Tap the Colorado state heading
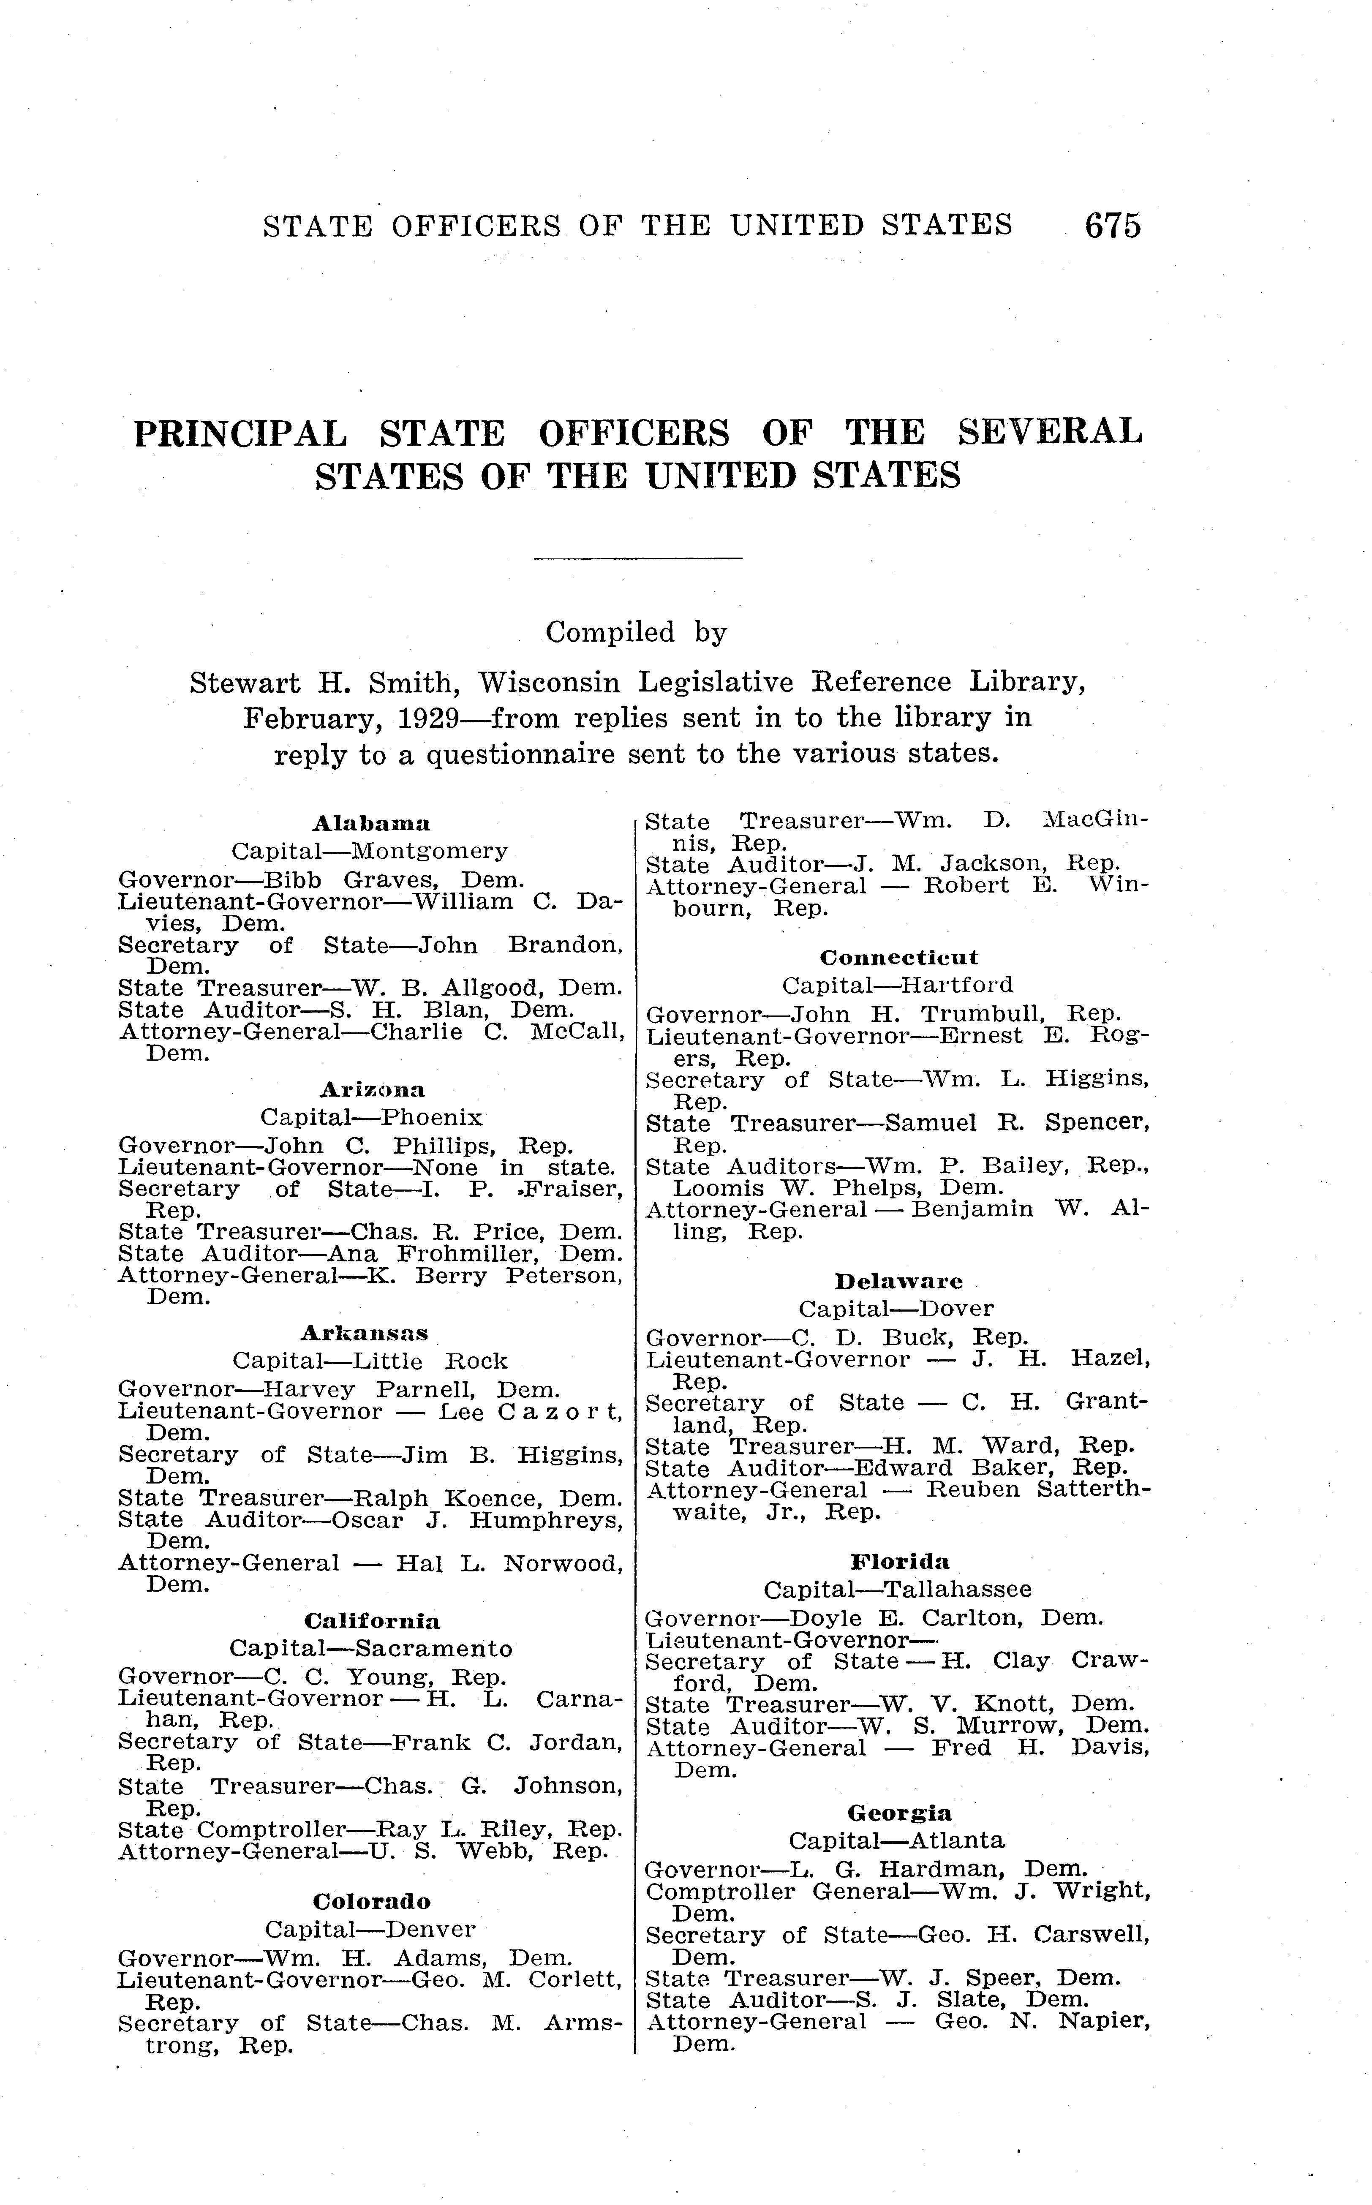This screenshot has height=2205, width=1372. coord(372,1901)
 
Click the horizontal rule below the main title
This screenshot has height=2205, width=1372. coord(638,557)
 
